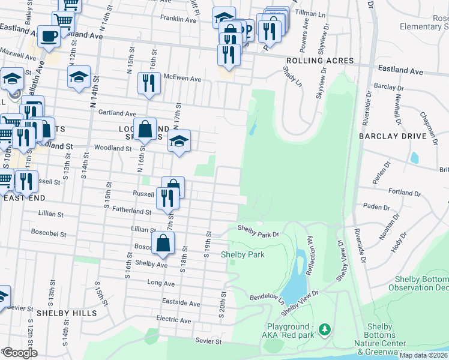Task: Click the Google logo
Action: pyautogui.click(x=20, y=353)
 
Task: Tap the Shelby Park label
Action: pyautogui.click(x=243, y=254)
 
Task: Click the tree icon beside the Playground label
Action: pyautogui.click(x=325, y=329)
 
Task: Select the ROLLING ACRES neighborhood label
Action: pyautogui.click(x=319, y=61)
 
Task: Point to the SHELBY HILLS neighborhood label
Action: pyautogui.click(x=66, y=313)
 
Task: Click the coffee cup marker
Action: pyautogui.click(x=49, y=36)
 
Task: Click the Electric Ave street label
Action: pyautogui.click(x=173, y=321)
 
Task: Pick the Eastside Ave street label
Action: pyautogui.click(x=181, y=304)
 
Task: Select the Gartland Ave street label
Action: pyautogui.click(x=118, y=113)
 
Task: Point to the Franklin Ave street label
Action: pyautogui.click(x=178, y=20)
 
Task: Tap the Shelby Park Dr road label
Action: pyautogui.click(x=259, y=228)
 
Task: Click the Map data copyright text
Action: pyautogui.click(x=423, y=355)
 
